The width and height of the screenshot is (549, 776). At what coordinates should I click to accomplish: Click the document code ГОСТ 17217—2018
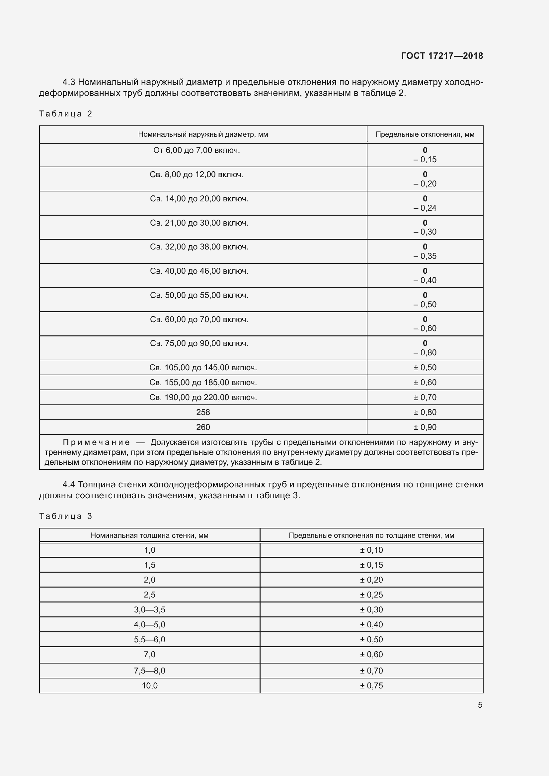tap(442, 56)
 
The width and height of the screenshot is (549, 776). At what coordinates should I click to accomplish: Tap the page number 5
tap(480, 705)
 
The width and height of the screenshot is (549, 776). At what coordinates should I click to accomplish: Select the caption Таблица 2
tap(66, 113)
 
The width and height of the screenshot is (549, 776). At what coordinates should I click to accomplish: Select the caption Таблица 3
tap(66, 516)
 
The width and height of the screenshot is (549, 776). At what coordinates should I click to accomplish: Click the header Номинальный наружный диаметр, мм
tap(203, 134)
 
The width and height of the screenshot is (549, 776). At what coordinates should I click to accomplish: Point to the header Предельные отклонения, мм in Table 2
tap(425, 134)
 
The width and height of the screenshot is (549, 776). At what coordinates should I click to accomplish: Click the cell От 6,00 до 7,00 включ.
tap(196, 150)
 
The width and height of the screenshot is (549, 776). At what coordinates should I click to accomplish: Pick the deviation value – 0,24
tap(425, 208)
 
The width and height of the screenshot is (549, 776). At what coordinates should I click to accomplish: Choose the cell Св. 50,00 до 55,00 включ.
tap(199, 295)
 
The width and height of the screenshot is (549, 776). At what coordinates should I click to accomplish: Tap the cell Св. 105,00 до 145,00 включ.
tap(203, 368)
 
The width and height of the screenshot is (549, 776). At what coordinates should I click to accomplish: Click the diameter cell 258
tap(203, 412)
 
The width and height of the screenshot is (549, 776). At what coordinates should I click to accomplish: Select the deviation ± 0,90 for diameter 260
tap(425, 427)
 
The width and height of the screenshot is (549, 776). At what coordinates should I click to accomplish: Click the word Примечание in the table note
tap(96, 443)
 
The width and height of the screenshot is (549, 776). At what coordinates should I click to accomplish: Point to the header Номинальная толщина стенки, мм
tap(149, 535)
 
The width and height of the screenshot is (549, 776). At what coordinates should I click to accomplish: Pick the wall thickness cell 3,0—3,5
tap(149, 610)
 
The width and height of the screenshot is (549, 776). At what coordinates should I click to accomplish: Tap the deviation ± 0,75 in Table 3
tap(371, 685)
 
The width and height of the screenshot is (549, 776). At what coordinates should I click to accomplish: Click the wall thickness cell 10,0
tap(149, 685)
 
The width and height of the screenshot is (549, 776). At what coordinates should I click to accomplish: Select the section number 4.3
tap(69, 82)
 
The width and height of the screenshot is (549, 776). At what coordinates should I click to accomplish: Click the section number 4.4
tap(69, 485)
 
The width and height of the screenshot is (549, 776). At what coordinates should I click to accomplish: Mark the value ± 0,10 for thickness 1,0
tap(371, 550)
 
